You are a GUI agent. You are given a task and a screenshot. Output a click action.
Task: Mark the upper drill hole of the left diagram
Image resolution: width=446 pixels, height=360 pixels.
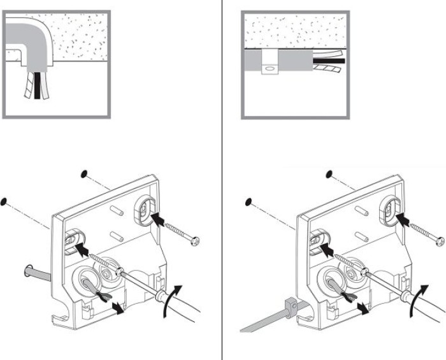pos(84,173)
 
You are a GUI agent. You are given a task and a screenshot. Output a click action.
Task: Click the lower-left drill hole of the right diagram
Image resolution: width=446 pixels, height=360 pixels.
pos(250,203)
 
